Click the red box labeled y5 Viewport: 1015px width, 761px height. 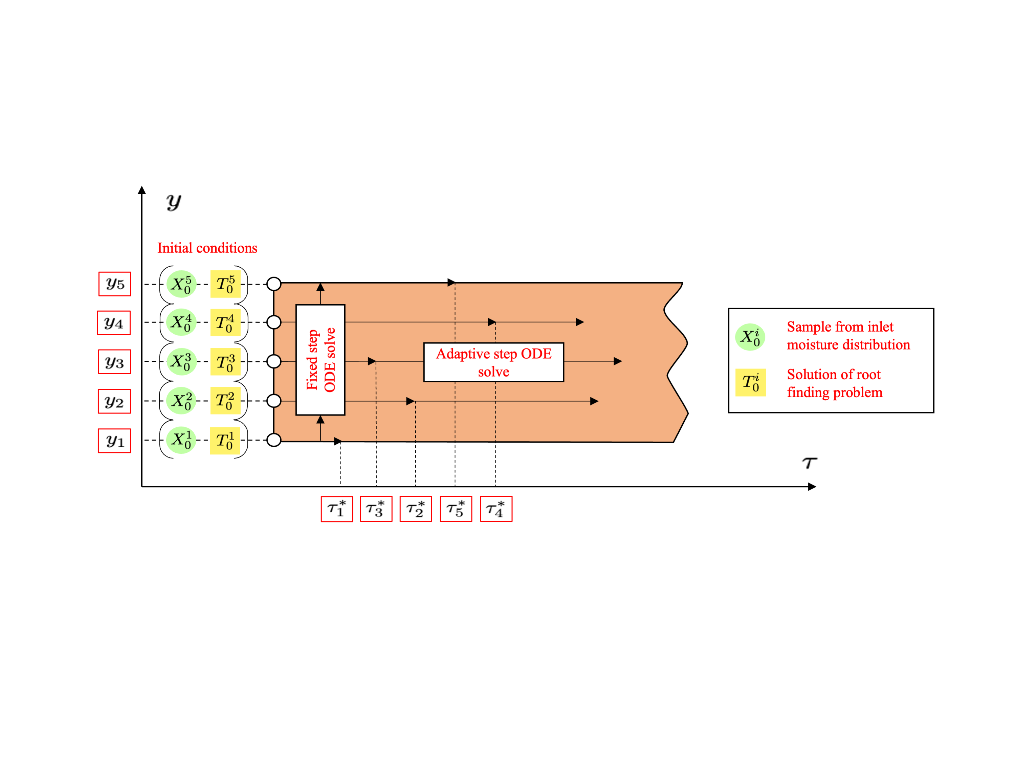pos(115,284)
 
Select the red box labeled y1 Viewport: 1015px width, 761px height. pos(114,441)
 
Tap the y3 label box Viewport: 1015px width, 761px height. pos(115,362)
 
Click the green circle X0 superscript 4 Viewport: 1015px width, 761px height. pos(181,322)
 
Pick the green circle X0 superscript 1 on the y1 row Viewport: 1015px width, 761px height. pos(181,440)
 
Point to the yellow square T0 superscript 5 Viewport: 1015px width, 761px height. pos(225,284)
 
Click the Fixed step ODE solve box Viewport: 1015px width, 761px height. pos(320,360)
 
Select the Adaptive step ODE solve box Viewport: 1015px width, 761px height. pos(494,362)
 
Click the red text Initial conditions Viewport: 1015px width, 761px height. pos(207,248)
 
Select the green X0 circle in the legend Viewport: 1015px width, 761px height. pos(750,337)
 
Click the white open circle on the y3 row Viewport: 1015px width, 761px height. pos(274,361)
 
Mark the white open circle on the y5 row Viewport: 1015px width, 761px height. pos(274,284)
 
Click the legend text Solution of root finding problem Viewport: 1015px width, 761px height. pos(834,383)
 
